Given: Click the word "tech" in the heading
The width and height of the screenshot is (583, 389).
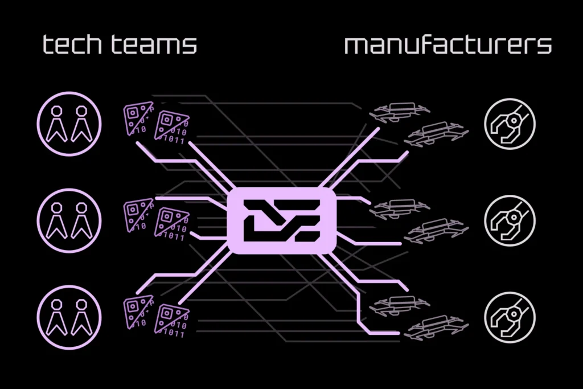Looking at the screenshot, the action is coord(72,44).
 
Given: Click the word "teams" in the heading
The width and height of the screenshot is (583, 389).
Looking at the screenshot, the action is coord(154,44).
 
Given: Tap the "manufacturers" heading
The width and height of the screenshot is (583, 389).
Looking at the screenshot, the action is coord(448,44).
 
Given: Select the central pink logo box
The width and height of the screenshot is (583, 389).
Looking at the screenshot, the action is coord(282,220).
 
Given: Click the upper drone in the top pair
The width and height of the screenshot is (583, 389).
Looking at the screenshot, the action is coord(400,112).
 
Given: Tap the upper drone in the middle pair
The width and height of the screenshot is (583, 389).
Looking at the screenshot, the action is coord(400,208).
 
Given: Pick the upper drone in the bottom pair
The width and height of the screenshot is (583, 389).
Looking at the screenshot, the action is coord(400,305).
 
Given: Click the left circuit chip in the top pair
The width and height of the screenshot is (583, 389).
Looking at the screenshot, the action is coord(138,118).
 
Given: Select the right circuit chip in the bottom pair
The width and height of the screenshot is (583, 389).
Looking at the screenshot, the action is coord(171,320).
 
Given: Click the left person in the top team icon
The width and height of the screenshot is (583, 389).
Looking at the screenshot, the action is coord(56,124).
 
